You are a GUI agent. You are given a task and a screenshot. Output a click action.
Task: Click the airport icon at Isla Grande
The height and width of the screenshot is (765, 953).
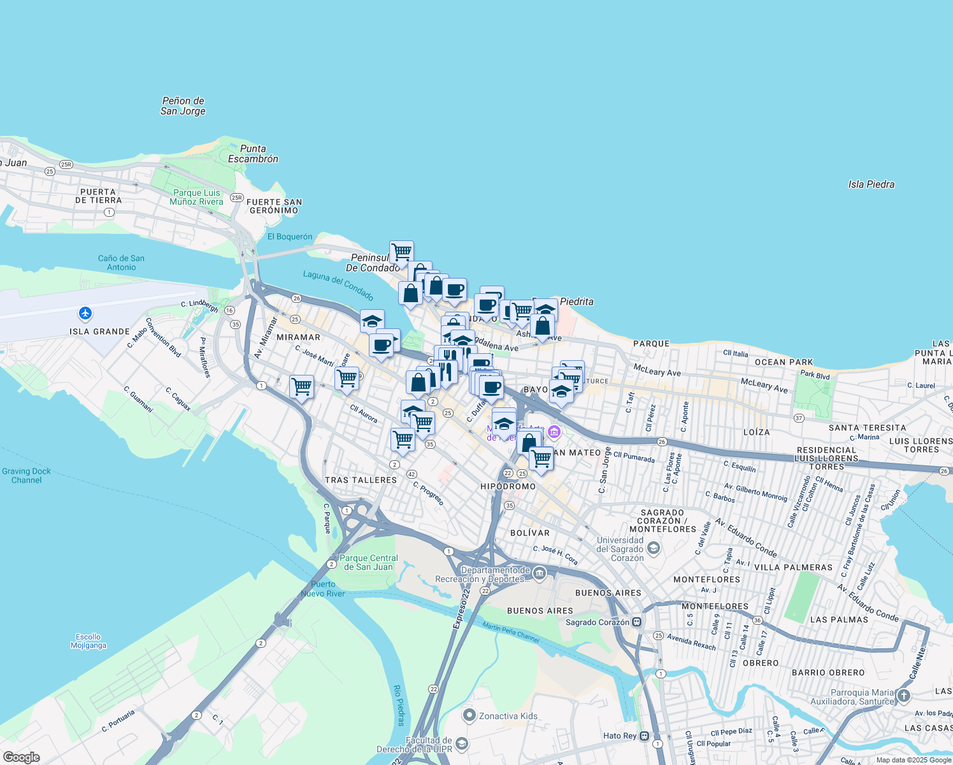[x=85, y=314]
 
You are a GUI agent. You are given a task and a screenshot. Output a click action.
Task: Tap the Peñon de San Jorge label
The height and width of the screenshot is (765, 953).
[x=183, y=106]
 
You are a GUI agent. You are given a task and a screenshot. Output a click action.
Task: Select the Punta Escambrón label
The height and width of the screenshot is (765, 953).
[x=253, y=154]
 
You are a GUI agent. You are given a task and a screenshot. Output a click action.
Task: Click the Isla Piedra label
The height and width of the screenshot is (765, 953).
[x=871, y=184]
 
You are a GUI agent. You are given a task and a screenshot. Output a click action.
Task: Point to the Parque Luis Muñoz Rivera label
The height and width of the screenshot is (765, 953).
[x=196, y=197]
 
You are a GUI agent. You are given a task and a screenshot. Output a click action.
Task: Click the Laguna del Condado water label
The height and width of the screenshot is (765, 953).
[x=338, y=285]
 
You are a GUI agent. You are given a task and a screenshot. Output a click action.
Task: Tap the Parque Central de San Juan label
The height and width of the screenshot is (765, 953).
[x=368, y=562]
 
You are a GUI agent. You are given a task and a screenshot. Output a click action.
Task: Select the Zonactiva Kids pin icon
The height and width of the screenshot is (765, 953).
[x=469, y=715]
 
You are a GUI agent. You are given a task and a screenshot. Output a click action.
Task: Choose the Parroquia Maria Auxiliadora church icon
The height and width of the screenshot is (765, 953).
[x=903, y=696]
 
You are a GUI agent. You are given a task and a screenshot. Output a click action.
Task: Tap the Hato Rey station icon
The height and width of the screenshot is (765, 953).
[x=645, y=736]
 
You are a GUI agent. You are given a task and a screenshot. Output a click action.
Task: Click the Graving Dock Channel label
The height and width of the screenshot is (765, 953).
[x=26, y=476]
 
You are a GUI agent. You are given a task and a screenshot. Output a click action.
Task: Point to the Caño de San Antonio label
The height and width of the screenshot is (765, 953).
[x=121, y=263]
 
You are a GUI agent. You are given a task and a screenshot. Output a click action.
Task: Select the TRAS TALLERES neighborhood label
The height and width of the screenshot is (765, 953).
[x=361, y=480]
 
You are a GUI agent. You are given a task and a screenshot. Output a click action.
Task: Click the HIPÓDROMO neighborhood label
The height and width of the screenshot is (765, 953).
[x=508, y=486]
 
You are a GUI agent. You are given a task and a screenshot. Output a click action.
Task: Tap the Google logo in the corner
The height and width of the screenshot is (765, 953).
[x=21, y=757]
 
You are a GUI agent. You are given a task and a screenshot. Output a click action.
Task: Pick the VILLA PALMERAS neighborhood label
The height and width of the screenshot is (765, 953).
[x=793, y=567]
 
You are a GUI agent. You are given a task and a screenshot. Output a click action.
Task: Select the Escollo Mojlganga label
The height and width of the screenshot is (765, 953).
[x=88, y=641]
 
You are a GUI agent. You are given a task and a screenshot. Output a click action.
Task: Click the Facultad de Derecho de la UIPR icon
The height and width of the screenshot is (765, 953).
[x=462, y=744]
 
